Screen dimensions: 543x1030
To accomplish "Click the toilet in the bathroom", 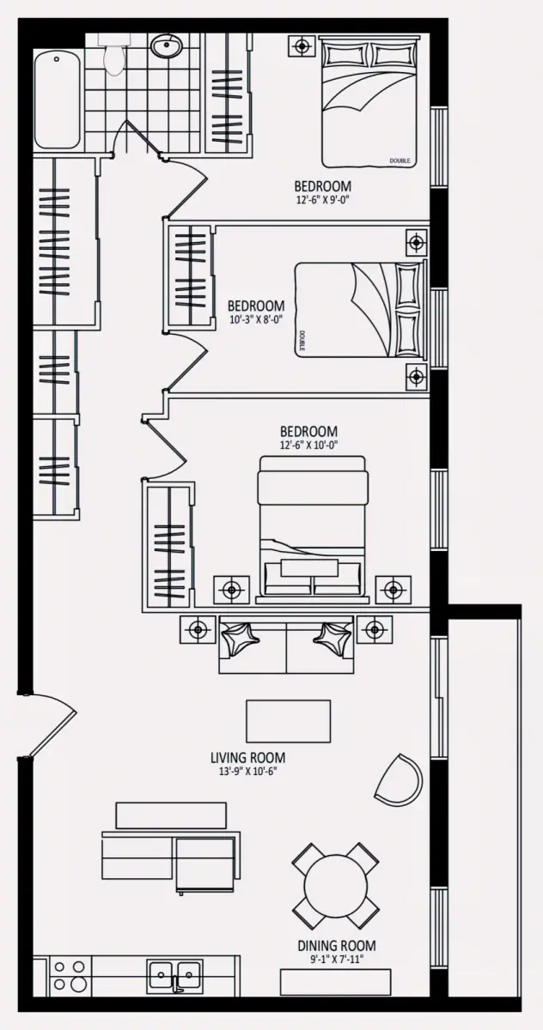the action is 113,55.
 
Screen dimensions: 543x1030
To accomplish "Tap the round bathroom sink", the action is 166,46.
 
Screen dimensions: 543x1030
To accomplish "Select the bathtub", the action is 57,100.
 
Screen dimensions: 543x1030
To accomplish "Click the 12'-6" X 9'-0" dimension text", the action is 324,201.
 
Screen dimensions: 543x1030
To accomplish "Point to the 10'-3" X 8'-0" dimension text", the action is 255,319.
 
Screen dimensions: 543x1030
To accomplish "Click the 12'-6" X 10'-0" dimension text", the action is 309,445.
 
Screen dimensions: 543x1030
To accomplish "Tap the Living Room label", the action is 247,757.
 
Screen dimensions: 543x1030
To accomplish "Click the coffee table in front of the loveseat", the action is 289,721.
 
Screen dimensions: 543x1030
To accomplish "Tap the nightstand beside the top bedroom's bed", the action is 302,46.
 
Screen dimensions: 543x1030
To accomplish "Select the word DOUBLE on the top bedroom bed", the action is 400,161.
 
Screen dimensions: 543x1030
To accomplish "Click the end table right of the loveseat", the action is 375,629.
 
